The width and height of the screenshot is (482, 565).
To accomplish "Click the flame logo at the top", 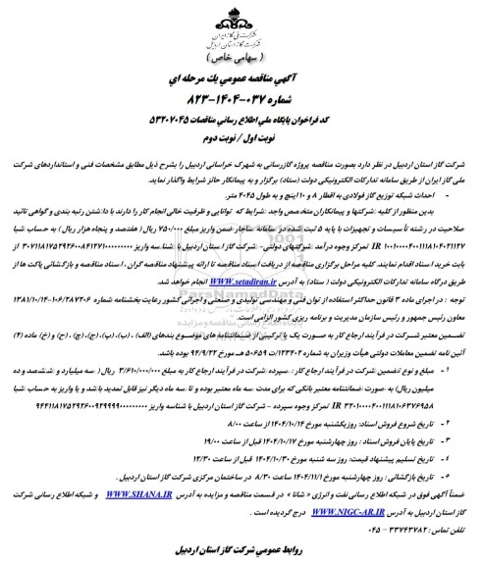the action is [x=241, y=22].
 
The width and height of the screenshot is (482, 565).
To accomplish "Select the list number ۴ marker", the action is [x=451, y=429].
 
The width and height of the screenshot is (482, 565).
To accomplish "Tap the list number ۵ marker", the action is [x=451, y=442].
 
